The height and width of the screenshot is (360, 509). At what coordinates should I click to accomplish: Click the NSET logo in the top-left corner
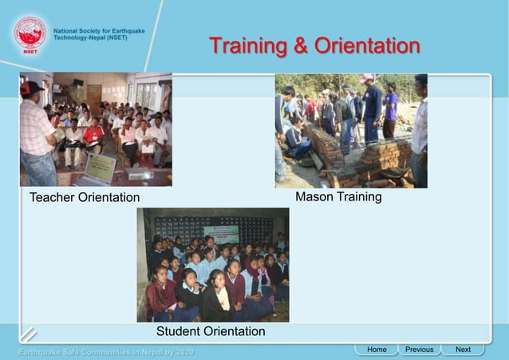[x=30, y=35]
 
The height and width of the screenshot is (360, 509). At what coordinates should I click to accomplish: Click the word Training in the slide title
[x=248, y=45]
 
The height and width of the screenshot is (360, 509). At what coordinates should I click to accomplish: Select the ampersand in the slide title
[x=301, y=45]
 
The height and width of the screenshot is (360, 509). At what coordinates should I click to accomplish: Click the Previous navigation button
[x=419, y=350]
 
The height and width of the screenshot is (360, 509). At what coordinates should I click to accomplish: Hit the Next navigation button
[x=463, y=350]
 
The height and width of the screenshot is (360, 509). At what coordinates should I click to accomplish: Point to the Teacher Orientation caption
[x=85, y=197]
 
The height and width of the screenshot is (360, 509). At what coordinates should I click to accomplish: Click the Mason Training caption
[x=338, y=196]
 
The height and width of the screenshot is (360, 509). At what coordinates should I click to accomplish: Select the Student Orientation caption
[x=211, y=330]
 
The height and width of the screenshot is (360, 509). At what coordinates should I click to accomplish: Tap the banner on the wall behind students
[x=221, y=233]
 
